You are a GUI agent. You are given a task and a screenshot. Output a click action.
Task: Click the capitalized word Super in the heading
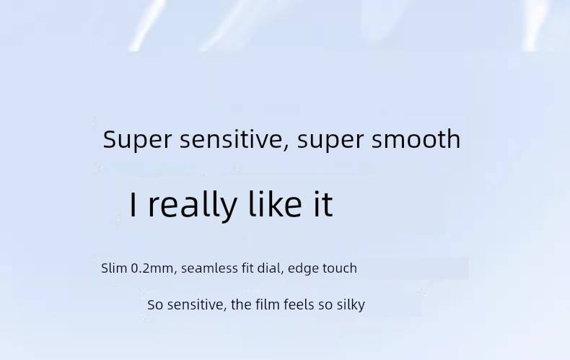pyautogui.click(x=137, y=140)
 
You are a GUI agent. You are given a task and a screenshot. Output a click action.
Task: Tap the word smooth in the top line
pyautogui.click(x=416, y=139)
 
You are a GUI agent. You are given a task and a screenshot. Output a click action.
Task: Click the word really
pyautogui.click(x=193, y=205)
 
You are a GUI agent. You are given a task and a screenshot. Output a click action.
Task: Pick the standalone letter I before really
pyautogui.click(x=133, y=204)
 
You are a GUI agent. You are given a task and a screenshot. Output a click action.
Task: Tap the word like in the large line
pyautogui.click(x=275, y=203)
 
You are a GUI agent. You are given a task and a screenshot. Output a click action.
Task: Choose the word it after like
pyautogui.click(x=323, y=203)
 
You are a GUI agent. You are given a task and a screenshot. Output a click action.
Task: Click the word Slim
pyautogui.click(x=114, y=268)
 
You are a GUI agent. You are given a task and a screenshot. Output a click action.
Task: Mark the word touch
pyautogui.click(x=340, y=268)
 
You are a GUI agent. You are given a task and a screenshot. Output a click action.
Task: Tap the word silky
pyautogui.click(x=351, y=305)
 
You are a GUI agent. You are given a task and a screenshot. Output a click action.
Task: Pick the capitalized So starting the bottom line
pyautogui.click(x=155, y=304)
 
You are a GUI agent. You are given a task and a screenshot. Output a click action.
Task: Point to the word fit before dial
pyautogui.click(x=247, y=268)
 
